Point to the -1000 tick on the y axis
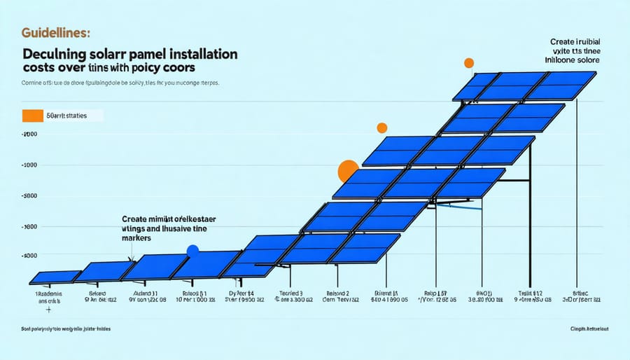[x=29, y=165]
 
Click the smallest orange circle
[x=468, y=64]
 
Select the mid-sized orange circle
[x=381, y=128]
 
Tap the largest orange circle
[x=349, y=171]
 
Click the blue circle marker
[x=193, y=251]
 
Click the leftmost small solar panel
[x=55, y=277]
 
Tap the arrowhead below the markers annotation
[x=132, y=258]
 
